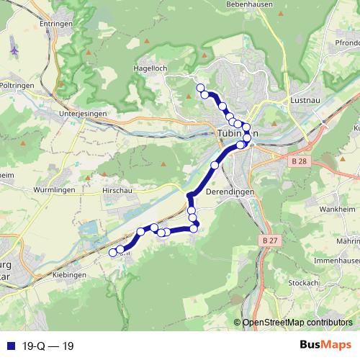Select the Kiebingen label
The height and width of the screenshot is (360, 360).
[71, 274]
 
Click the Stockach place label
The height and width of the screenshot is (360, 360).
[304, 283]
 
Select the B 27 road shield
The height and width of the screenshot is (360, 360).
[270, 240]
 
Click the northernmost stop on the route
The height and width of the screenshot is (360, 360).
[201, 88]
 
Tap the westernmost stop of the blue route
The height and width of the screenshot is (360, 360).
[112, 253]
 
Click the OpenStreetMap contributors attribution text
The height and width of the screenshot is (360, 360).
[297, 322]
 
